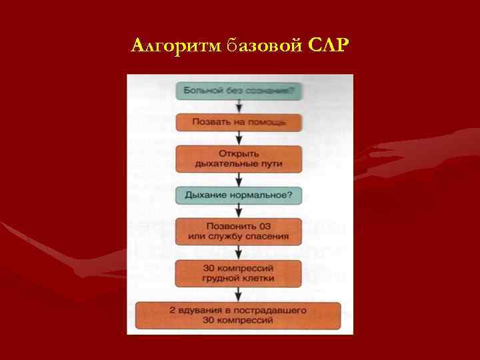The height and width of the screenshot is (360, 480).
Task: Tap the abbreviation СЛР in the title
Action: point(329,46)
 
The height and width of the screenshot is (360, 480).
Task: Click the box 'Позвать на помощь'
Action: point(239,122)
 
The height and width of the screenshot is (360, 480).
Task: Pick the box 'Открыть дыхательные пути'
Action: point(239,158)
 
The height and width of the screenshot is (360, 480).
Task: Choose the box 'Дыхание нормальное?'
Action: point(239,196)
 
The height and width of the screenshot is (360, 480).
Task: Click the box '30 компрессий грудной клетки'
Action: point(239,272)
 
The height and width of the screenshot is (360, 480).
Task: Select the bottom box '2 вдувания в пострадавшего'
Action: point(238,315)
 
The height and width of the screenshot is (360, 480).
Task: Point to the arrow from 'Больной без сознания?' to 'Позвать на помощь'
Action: point(239,107)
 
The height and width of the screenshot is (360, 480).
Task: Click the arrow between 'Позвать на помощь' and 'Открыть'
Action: point(239,138)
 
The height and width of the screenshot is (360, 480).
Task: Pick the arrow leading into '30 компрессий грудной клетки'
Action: point(239,252)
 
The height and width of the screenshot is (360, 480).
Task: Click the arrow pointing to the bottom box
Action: point(239,293)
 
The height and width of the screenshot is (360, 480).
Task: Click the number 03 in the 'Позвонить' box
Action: point(267,226)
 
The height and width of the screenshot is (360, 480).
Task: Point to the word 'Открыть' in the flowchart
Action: point(239,153)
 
